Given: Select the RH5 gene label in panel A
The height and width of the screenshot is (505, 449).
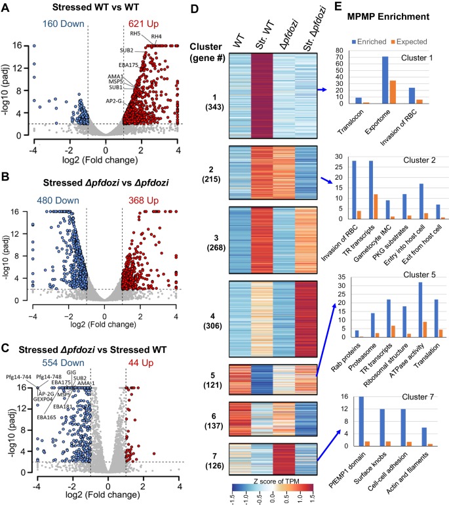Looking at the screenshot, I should point(135,33).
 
